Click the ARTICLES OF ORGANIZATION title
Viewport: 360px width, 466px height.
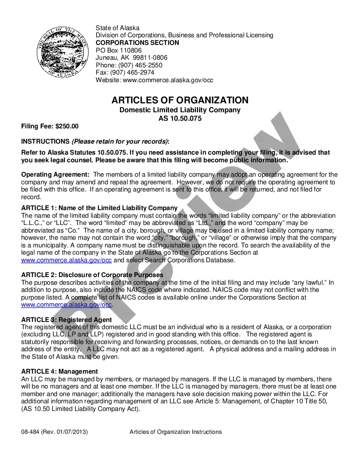[x=180, y=100]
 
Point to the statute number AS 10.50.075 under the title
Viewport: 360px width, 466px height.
[x=180, y=119]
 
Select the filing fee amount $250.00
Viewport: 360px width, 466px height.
[x=67, y=126]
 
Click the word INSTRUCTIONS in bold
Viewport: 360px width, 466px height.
[x=45, y=141]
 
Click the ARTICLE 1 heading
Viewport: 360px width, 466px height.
[x=99, y=208]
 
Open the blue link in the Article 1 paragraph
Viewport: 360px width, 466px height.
[x=66, y=260]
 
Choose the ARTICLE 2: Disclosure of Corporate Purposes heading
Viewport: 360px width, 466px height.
[x=92, y=275]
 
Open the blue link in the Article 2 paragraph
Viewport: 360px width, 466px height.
[x=66, y=305]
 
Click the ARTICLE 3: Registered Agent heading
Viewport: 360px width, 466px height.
[x=66, y=320]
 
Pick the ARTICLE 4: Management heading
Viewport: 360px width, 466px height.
[x=59, y=372]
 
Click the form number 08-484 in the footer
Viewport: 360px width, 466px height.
[x=30, y=432]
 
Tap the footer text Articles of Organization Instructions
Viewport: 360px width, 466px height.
[x=175, y=432]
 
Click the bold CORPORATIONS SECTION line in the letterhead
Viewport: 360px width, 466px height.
[x=137, y=43]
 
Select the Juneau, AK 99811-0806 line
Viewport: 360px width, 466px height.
[x=131, y=58]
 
